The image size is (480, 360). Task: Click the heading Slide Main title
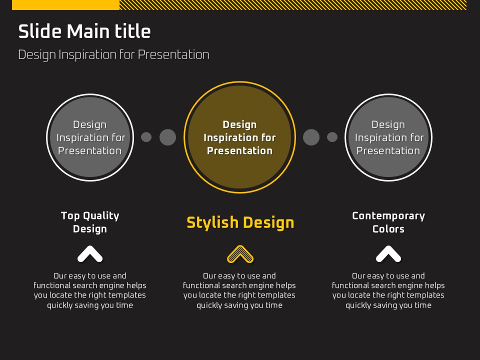(84, 31)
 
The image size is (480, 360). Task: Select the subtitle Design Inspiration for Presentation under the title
(113, 55)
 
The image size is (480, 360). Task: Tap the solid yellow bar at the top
(65, 5)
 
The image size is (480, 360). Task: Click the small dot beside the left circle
(146, 137)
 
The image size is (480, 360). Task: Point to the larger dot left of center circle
(168, 137)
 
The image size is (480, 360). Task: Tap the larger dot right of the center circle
(311, 137)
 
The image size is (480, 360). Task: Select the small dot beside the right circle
(332, 137)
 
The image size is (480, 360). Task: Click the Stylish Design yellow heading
(240, 223)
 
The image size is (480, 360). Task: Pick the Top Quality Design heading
(90, 222)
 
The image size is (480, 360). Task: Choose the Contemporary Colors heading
(388, 222)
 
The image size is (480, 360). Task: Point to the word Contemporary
(388, 216)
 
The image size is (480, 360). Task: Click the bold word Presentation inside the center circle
(239, 150)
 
